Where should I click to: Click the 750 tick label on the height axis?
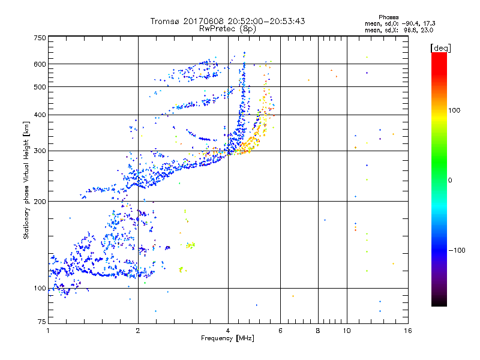pos(40,37)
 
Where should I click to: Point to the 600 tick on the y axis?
pos(40,64)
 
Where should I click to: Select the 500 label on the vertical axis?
pos(40,87)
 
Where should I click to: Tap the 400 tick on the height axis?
pos(40,114)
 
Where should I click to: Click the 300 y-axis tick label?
pos(40,151)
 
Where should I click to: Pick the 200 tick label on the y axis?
pos(40,202)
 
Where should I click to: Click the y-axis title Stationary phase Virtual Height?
pos(26,180)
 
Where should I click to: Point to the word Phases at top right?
pos(391,17)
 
